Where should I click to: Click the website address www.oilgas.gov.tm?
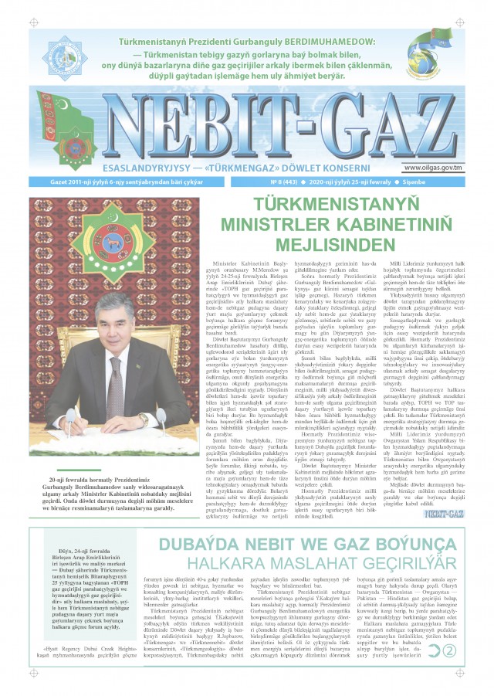point(436,168)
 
